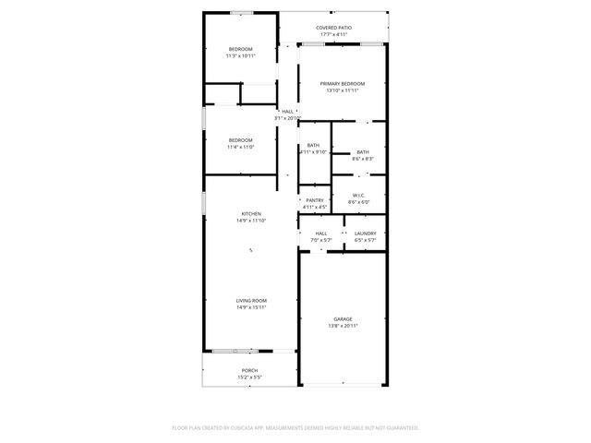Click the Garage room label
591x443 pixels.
[x=343, y=319]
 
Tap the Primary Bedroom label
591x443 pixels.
[x=343, y=84]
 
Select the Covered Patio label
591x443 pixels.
[x=333, y=29]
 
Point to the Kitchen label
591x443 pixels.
[x=251, y=214]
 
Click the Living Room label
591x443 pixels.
[x=251, y=301]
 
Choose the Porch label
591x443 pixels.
[x=250, y=371]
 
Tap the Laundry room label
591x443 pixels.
[x=365, y=233]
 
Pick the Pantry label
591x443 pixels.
[x=315, y=200]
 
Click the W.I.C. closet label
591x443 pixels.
[x=359, y=195]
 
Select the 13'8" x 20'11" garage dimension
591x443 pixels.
[x=343, y=326]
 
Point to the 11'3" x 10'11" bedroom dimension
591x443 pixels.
[x=240, y=55]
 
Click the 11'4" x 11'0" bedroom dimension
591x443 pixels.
[x=240, y=147]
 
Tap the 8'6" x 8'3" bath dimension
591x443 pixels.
[x=362, y=159]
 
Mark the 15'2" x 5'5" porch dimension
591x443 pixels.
[x=250, y=377]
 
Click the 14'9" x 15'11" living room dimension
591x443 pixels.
[x=251, y=307]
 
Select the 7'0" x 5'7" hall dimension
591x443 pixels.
[x=320, y=240]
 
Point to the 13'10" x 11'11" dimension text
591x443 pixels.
[x=343, y=90]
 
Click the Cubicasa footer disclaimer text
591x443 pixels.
[x=295, y=427]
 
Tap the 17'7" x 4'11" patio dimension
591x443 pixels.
[x=333, y=35]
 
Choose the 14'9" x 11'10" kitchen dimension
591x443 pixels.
[x=251, y=221]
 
